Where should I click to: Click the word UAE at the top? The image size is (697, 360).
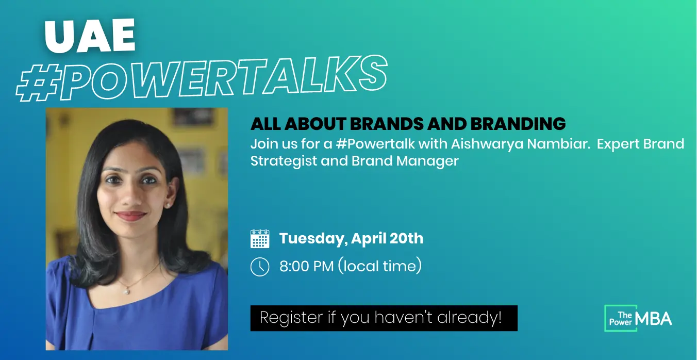[90, 35]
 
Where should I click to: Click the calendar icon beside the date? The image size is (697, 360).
[260, 239]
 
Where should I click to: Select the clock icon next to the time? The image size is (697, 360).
[260, 267]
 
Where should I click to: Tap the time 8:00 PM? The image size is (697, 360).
[307, 266]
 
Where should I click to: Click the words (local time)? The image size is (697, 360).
[380, 266]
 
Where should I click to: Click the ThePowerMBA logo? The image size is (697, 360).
[638, 318]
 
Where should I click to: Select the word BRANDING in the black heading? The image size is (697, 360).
[518, 124]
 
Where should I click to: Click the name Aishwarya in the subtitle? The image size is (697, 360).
[487, 144]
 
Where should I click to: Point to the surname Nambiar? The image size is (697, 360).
[558, 144]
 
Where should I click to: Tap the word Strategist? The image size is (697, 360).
[284, 161]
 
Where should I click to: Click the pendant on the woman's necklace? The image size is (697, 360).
[126, 291]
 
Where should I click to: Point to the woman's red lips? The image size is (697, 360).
[131, 216]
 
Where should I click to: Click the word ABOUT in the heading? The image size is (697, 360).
[315, 124]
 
